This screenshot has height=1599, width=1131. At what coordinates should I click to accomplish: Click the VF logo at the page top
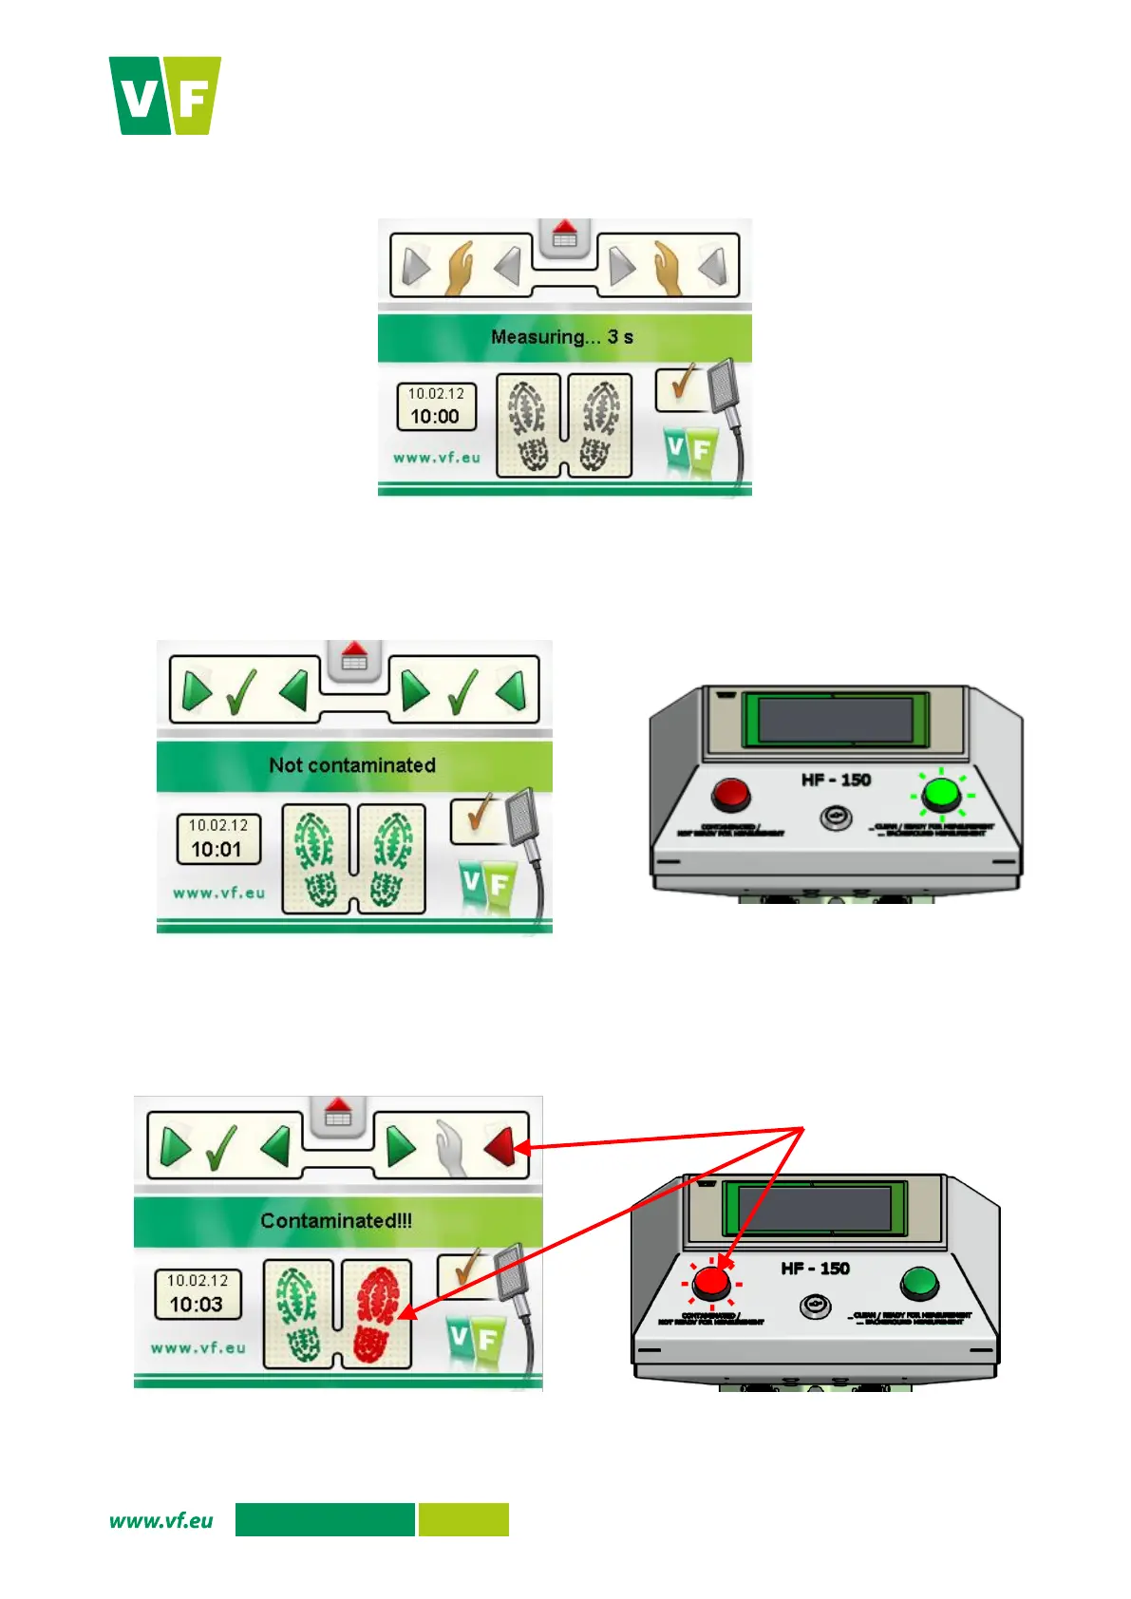(165, 95)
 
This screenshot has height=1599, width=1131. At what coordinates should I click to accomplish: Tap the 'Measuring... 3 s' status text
(562, 337)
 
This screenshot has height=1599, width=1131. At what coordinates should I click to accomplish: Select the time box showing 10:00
(436, 406)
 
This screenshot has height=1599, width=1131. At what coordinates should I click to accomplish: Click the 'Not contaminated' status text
(352, 765)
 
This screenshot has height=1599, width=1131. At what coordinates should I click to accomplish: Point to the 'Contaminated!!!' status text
(336, 1221)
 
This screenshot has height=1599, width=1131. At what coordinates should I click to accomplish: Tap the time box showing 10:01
(217, 838)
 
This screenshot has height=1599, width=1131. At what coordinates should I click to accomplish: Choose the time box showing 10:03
(198, 1294)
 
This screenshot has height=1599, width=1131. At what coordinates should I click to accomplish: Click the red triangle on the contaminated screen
(500, 1147)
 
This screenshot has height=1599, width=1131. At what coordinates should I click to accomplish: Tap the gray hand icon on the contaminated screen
(450, 1147)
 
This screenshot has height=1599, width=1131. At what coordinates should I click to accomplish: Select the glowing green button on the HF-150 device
(940, 793)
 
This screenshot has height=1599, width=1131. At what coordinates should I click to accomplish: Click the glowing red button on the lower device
(711, 1283)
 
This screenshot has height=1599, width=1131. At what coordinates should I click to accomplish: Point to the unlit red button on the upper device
(730, 795)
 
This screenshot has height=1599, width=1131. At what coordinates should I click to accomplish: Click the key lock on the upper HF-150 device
(836, 818)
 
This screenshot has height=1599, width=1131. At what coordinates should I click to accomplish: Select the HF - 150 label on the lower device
(815, 1269)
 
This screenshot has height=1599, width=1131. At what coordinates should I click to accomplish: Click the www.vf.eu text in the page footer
(161, 1520)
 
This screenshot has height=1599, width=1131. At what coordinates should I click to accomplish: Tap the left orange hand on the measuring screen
(461, 267)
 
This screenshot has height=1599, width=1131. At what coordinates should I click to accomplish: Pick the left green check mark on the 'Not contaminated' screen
(241, 692)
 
